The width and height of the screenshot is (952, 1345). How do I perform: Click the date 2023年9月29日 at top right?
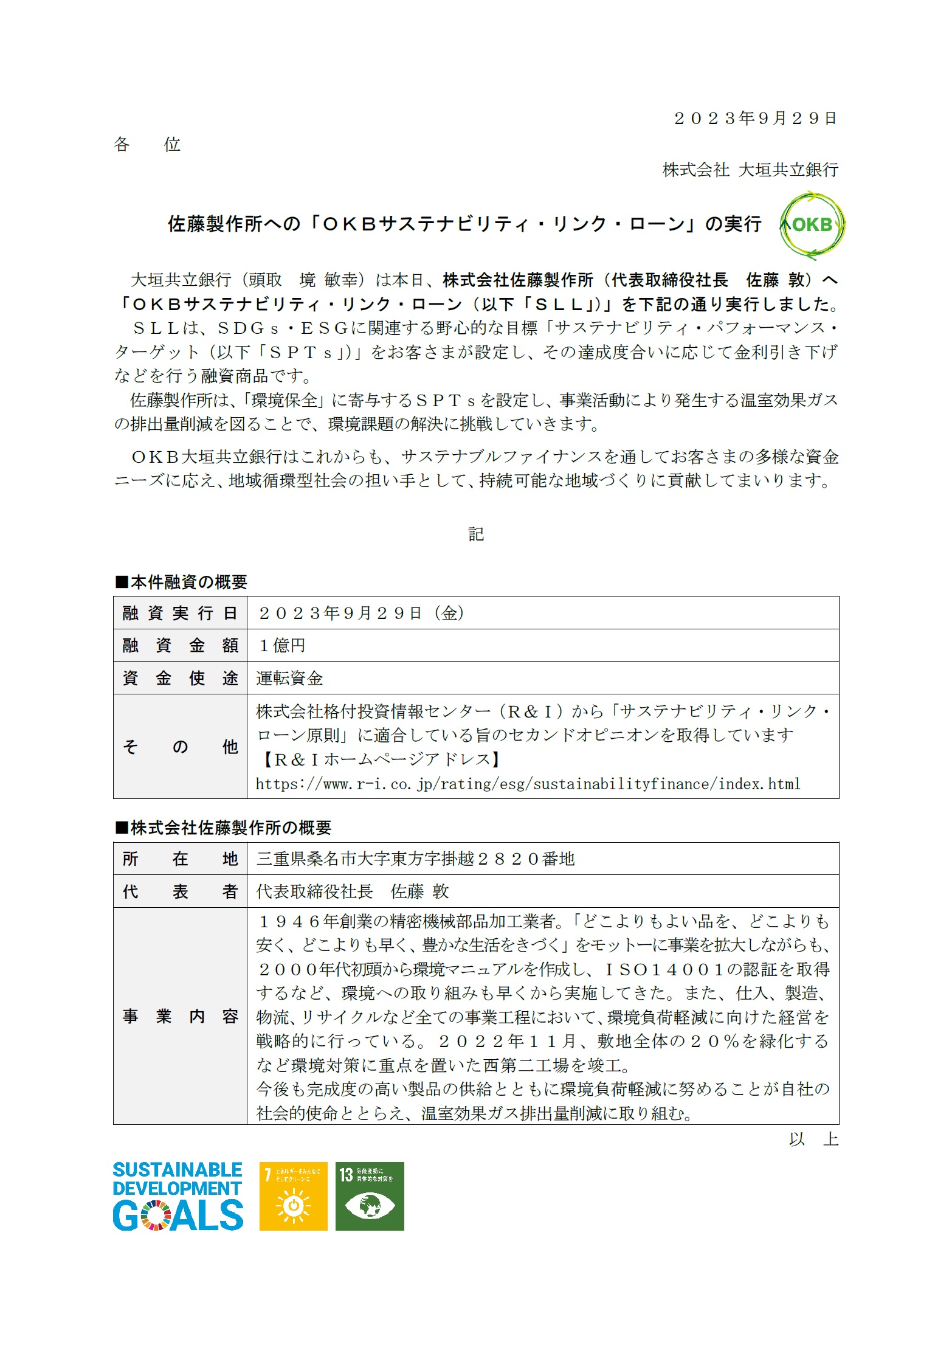[756, 118]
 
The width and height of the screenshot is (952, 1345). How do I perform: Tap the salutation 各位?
[147, 145]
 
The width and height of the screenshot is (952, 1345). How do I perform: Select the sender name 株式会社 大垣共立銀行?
[750, 170]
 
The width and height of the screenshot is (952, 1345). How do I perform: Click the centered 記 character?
[476, 534]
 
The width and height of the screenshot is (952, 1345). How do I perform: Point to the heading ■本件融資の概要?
[181, 582]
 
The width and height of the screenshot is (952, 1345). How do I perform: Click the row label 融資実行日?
[180, 613]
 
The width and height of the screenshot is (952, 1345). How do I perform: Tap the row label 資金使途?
[180, 678]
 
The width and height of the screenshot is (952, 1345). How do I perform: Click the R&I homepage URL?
[528, 784]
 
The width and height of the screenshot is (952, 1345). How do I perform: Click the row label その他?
[180, 746]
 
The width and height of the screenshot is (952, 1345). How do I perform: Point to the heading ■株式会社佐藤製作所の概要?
[223, 828]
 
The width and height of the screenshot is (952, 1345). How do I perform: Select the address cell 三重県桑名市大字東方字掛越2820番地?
[415, 859]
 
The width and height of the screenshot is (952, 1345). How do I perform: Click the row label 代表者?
[180, 891]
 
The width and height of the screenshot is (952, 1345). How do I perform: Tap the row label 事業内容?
[180, 1016]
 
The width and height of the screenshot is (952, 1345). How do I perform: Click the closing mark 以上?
[813, 1139]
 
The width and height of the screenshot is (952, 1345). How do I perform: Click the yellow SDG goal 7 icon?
[293, 1196]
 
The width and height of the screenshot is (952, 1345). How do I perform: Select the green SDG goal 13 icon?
[370, 1196]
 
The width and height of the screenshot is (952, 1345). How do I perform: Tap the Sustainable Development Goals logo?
[178, 1196]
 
